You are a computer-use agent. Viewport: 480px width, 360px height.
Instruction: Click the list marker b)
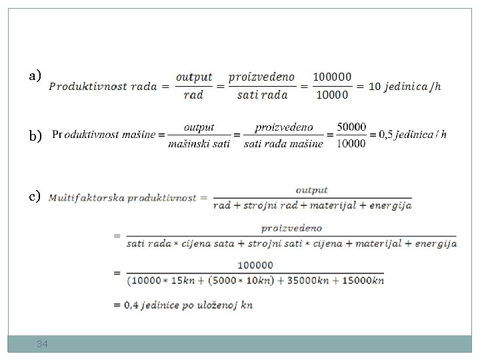pos(35,135)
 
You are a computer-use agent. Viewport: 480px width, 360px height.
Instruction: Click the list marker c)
pos(35,196)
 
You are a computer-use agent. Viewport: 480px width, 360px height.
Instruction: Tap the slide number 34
pos(42,344)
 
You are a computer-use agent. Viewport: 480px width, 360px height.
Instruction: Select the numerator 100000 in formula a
pos(333,77)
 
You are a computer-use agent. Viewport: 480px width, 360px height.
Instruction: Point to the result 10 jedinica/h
pos(404,86)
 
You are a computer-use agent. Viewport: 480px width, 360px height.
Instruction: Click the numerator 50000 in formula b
pos(351,126)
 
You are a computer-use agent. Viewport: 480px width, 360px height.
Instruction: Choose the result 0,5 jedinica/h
pos(412,135)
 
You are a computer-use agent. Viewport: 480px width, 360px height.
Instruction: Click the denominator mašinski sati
pos(199,143)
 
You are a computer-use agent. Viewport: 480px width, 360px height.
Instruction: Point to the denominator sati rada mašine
pos(283,143)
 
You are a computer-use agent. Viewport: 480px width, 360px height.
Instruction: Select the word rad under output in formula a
pos(193,95)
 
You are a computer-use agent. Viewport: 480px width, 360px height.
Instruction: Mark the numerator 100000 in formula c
pos(255,265)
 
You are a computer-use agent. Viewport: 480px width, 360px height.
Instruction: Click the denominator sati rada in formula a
pos(262,95)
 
